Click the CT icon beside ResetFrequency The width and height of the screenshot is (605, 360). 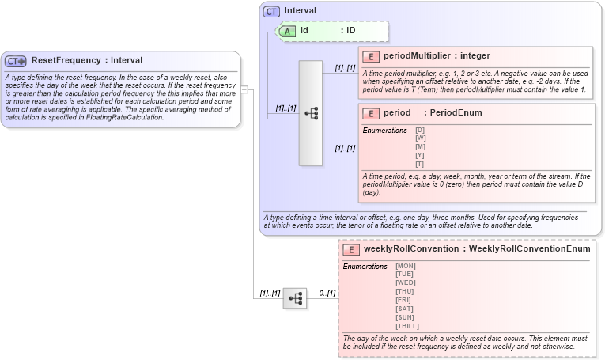[x=16, y=61]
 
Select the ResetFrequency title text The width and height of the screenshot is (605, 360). [x=66, y=60]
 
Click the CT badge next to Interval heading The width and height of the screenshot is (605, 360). [x=272, y=11]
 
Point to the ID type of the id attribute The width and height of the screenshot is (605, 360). [x=351, y=30]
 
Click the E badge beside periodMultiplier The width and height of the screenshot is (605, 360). [x=371, y=56]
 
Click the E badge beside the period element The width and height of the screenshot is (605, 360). [x=371, y=113]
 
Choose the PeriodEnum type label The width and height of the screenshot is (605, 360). [x=456, y=113]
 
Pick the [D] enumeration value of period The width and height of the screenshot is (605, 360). [x=420, y=130]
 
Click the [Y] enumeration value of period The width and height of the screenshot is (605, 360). [x=420, y=155]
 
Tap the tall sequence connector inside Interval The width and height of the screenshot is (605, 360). [x=311, y=113]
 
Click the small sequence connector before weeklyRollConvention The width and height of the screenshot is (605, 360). [x=295, y=298]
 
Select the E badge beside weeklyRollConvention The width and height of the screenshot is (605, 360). [x=352, y=249]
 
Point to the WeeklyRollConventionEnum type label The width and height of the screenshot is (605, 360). [x=529, y=249]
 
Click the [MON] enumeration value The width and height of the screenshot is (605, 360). [x=405, y=266]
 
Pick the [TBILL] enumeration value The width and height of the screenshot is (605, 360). [x=407, y=326]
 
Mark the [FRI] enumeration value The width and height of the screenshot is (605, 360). [x=404, y=300]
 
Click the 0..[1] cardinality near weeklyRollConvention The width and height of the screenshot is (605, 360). [x=327, y=294]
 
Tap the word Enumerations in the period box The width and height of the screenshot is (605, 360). [x=385, y=130]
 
